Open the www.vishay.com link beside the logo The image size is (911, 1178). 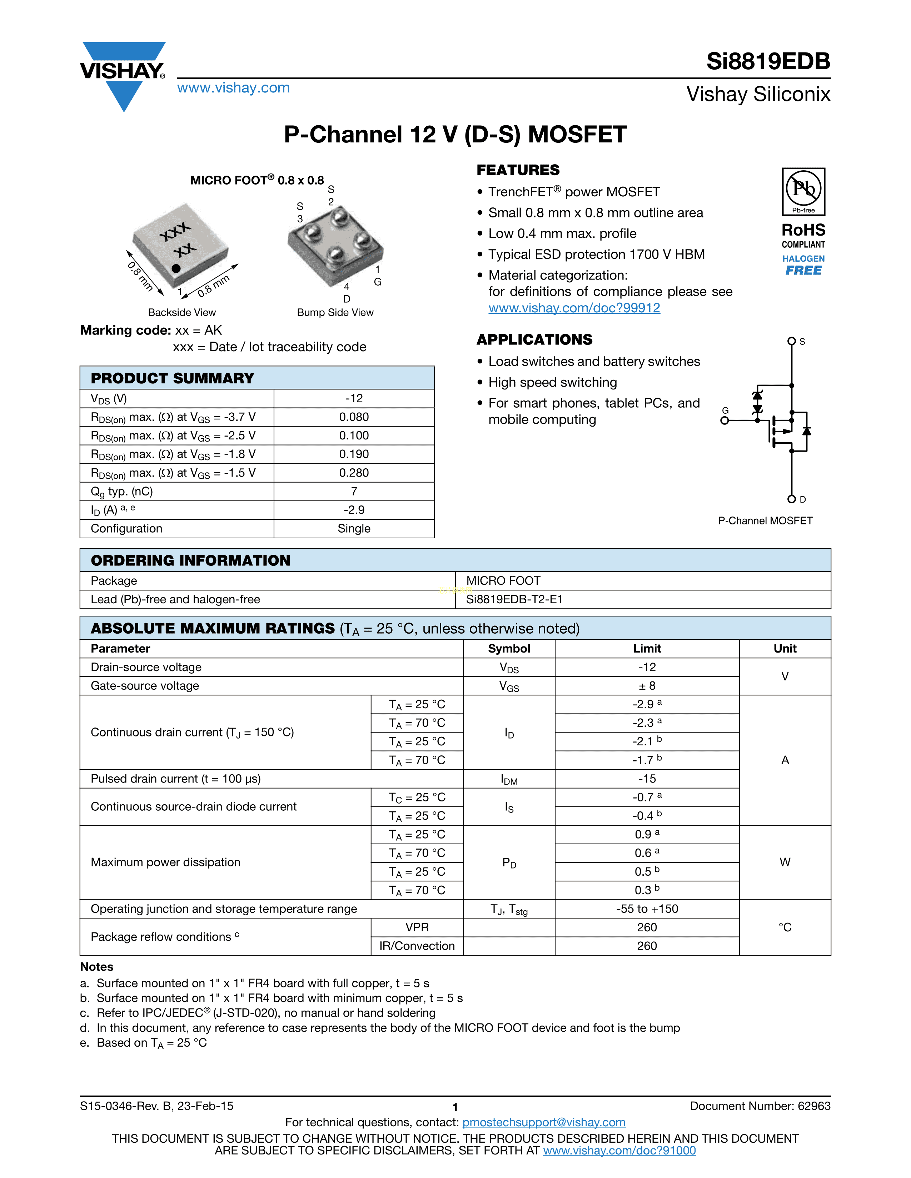click(233, 88)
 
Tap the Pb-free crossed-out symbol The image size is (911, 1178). click(803, 189)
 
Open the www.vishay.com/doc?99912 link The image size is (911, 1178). click(574, 308)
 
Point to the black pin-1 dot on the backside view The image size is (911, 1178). click(176, 268)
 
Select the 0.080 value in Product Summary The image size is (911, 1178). click(354, 417)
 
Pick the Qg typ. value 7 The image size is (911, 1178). click(354, 492)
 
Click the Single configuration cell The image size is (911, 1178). click(354, 529)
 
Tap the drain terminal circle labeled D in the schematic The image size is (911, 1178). click(791, 499)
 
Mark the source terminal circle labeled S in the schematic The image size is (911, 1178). click(791, 341)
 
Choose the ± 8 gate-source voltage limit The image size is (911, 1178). click(647, 685)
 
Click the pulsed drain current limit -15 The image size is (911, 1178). click(647, 779)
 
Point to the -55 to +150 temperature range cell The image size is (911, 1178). click(647, 909)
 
